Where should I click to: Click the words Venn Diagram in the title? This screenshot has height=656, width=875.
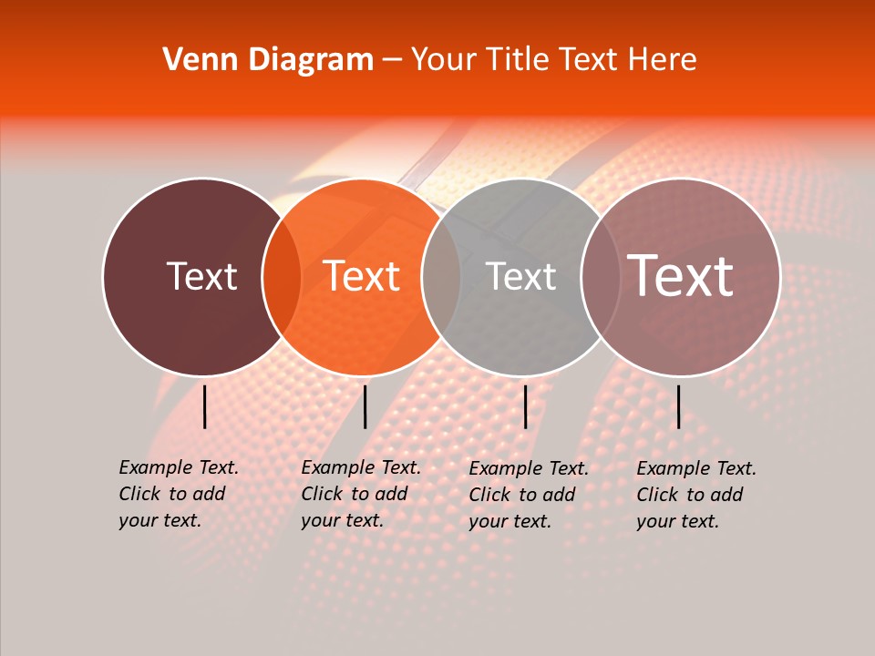click(x=268, y=60)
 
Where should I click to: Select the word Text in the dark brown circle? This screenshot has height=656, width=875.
click(x=201, y=276)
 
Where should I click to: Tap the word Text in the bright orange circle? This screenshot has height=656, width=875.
click(x=362, y=276)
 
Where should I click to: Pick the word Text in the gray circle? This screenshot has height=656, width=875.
click(x=520, y=276)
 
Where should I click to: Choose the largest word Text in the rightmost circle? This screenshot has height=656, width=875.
click(x=681, y=275)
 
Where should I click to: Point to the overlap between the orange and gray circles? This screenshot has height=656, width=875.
click(x=441, y=277)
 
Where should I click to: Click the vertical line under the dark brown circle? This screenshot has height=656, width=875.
click(x=204, y=406)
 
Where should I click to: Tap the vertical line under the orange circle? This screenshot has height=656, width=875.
click(x=365, y=406)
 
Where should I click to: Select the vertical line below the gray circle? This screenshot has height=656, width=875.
click(x=525, y=406)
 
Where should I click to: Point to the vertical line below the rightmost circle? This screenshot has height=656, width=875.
click(x=679, y=406)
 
